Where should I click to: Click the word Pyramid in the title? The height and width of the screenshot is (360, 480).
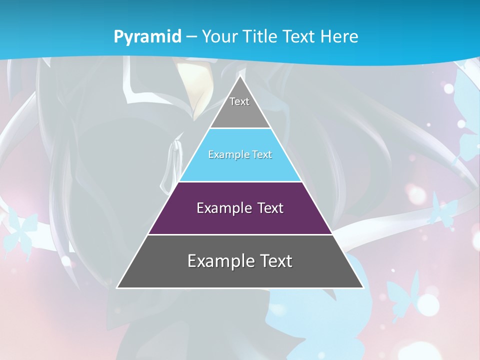coord(147,37)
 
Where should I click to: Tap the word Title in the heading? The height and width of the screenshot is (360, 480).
coord(262,36)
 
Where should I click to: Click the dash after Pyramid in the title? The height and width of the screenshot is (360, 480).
coord(191,37)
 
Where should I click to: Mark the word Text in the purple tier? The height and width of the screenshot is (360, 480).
coord(270,208)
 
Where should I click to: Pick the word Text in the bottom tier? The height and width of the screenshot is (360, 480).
coord(275,261)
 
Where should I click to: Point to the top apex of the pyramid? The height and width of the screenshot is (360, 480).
coord(240,76)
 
